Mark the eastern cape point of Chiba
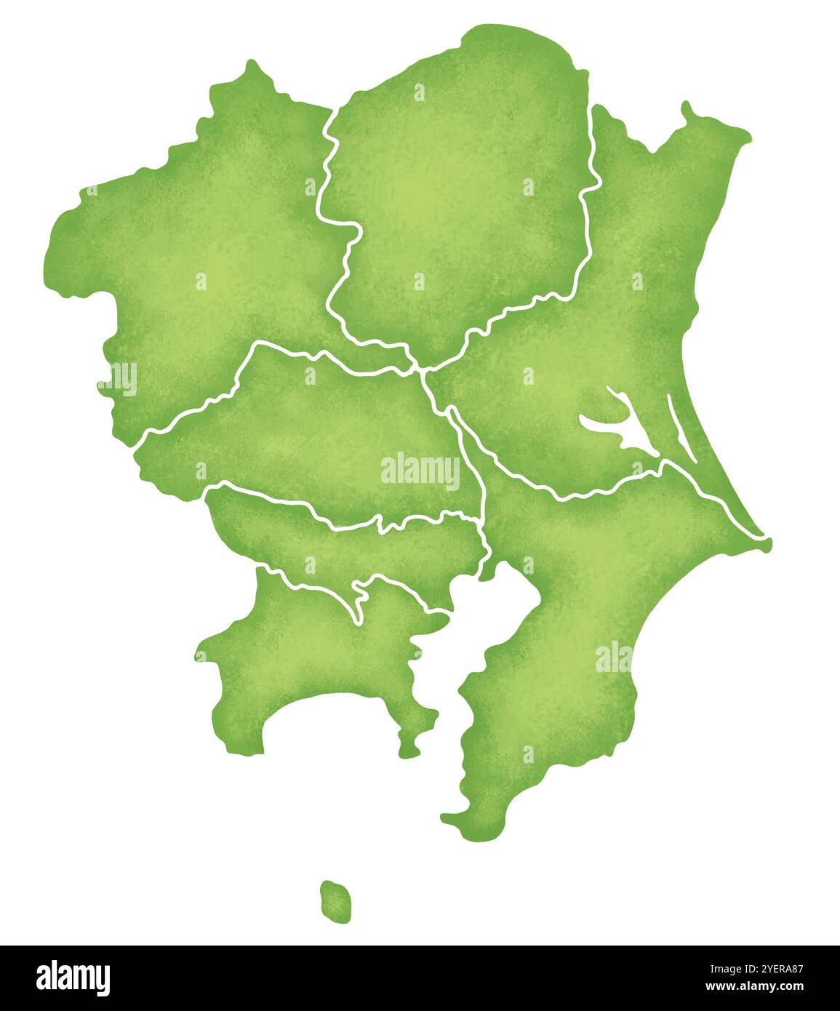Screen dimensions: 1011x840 tap(767, 541)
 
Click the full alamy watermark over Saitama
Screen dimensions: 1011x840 tap(420, 471)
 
